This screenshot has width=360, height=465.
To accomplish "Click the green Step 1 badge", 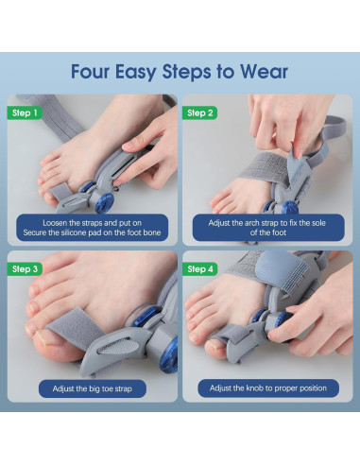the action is click(25, 112).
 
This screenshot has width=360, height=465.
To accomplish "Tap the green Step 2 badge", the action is click(200, 112).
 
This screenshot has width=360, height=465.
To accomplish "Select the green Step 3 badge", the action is click(25, 269).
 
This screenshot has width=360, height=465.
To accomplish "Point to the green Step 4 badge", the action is click(200, 269).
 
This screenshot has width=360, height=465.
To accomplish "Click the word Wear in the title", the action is click(264, 72).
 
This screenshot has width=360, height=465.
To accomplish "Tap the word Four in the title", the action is click(90, 72).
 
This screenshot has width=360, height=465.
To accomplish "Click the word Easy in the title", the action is click(135, 73).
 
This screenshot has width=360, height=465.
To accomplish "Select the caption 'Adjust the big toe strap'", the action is click(93, 388).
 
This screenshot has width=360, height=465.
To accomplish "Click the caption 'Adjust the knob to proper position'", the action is click(268, 388).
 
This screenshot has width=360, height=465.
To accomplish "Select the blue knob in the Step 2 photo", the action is click(290, 207).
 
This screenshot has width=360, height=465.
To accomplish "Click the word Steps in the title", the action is click(186, 73).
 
